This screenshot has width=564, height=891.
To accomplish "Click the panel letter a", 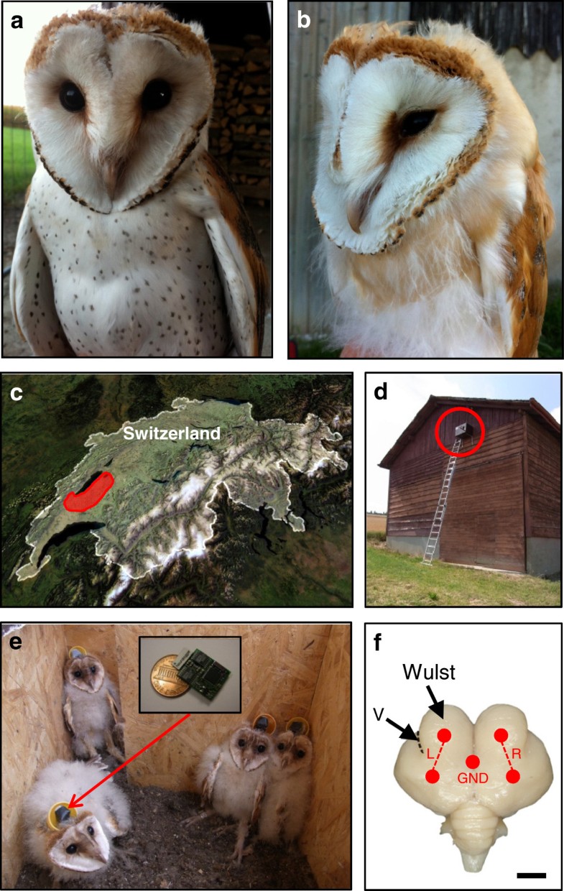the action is pyautogui.click(x=17, y=22).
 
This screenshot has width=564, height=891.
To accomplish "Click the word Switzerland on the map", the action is pyautogui.click(x=172, y=433).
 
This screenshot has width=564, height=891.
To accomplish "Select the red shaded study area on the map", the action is pyautogui.click(x=90, y=491).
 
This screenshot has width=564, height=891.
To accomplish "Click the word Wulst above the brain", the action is pyautogui.click(x=429, y=672).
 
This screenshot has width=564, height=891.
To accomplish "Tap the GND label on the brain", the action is pyautogui.click(x=473, y=777).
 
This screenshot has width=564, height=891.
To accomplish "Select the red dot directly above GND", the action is pyautogui.click(x=473, y=762).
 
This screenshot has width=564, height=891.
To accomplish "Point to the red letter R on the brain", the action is pyautogui.click(x=517, y=754).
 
